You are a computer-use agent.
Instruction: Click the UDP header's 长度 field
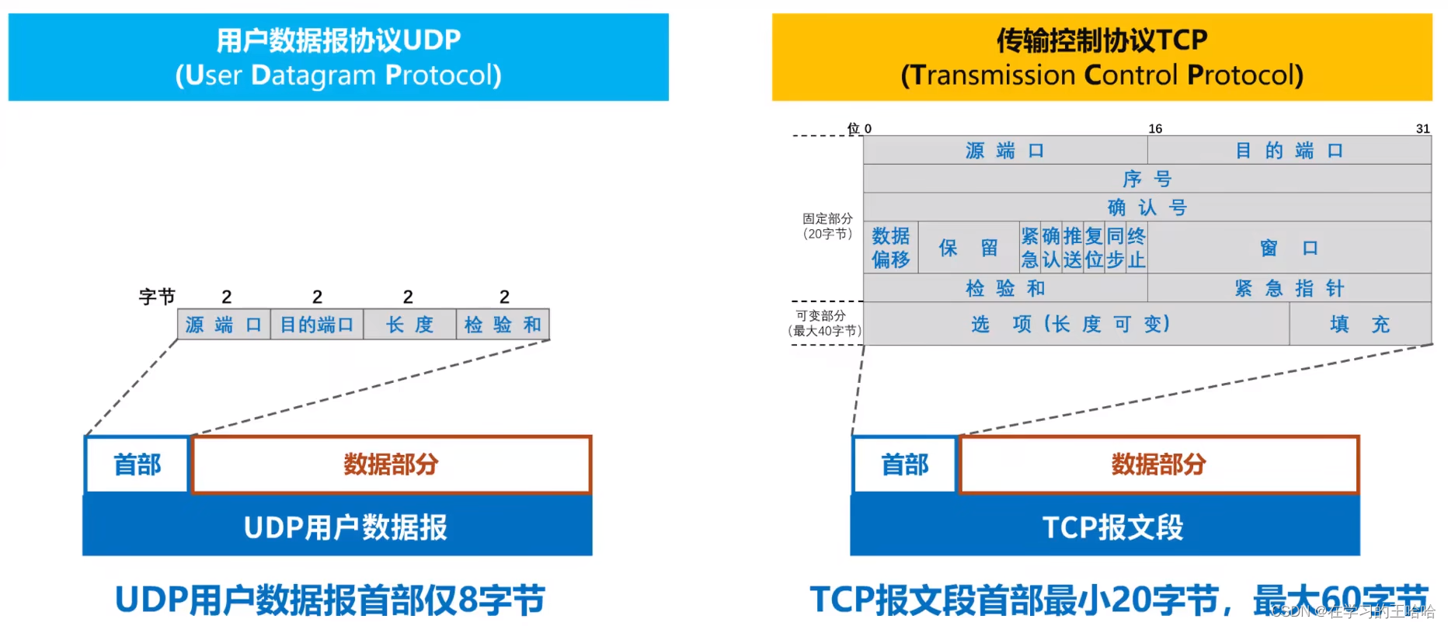tap(409, 325)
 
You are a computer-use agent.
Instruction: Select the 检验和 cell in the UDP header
tap(503, 325)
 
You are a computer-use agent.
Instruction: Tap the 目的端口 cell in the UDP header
tap(317, 325)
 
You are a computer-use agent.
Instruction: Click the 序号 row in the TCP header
tap(1147, 179)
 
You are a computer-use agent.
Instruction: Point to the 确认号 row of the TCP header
tap(1147, 207)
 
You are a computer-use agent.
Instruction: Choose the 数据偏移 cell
tap(890, 248)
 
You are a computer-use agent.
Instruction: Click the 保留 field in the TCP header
tap(968, 248)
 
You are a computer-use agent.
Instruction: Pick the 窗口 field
tap(1289, 248)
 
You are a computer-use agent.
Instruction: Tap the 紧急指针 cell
tap(1289, 288)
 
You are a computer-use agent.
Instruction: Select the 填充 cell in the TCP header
tap(1359, 324)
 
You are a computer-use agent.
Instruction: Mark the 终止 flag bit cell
tap(1136, 248)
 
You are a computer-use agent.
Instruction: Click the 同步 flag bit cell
tap(1116, 248)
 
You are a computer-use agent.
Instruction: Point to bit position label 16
tap(1155, 129)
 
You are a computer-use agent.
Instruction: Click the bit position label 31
tap(1422, 129)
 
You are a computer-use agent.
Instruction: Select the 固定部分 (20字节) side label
tap(827, 226)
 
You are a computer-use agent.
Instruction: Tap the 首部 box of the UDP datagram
tap(137, 464)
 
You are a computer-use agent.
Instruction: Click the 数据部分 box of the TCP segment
tap(1158, 464)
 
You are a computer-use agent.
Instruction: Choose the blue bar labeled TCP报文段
tap(1112, 527)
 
